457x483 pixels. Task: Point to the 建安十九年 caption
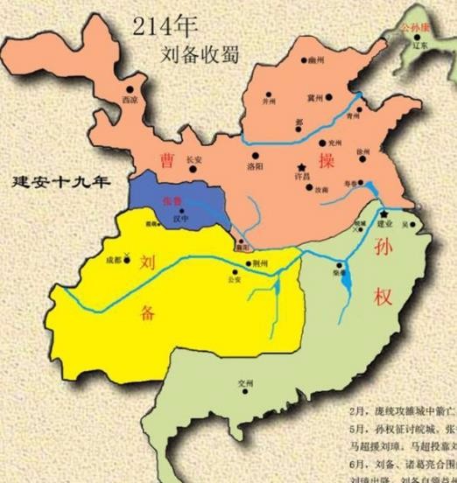point(60,184)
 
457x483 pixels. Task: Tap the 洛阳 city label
point(254,165)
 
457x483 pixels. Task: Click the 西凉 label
point(130,101)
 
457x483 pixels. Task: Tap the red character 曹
point(166,157)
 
